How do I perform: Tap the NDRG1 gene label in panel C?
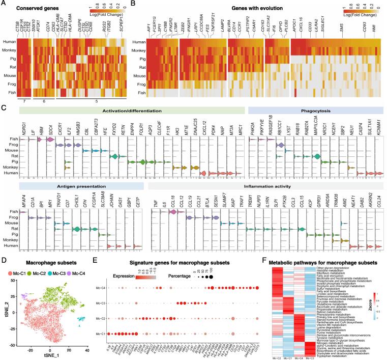pyautogui.click(x=19, y=133)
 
